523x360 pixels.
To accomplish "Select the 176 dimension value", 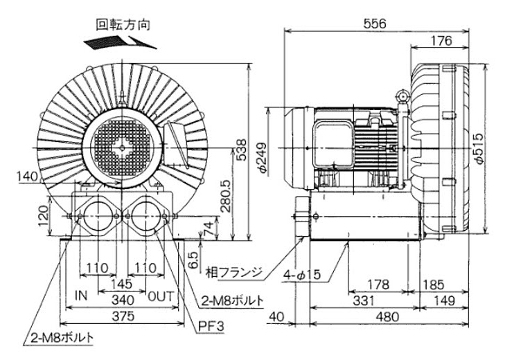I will (x=441, y=41).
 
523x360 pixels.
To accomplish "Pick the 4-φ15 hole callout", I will (x=303, y=275).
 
